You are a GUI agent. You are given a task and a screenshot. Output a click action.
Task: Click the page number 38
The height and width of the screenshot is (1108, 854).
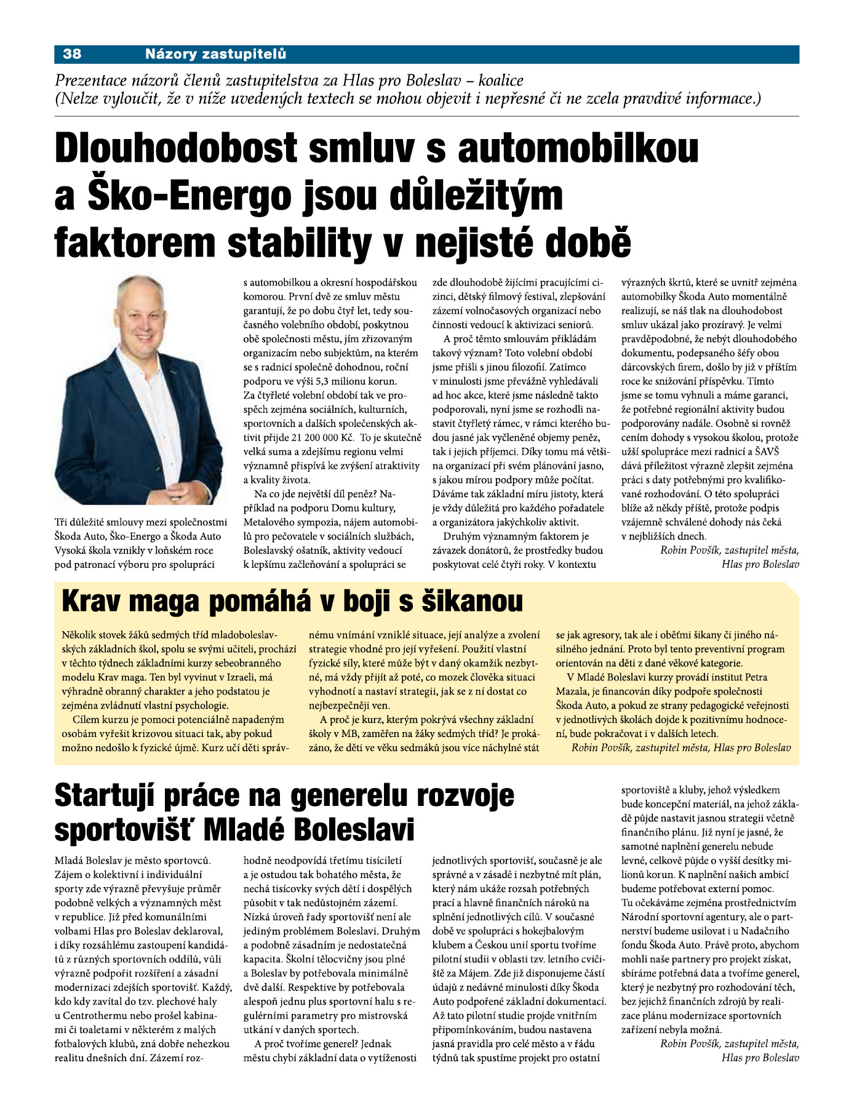pyautogui.click(x=72, y=54)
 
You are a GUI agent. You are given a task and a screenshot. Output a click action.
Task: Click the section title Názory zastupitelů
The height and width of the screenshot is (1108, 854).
pyautogui.click(x=215, y=54)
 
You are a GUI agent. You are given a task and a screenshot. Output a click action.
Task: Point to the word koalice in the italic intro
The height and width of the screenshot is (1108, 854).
pyautogui.click(x=501, y=81)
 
